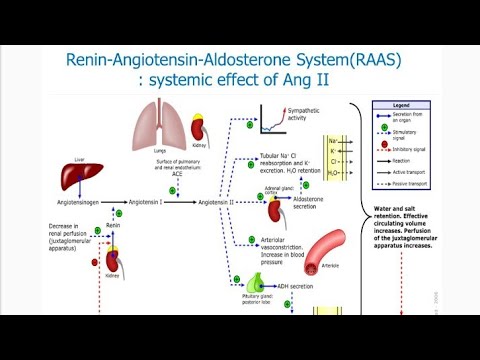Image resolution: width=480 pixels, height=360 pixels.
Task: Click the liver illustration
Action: tap(75, 177)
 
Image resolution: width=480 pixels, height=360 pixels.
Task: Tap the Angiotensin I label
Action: tap(147, 201)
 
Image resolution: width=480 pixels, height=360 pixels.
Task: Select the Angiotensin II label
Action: tap(218, 201)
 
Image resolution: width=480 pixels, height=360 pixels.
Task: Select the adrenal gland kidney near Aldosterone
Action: tap(275, 211)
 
